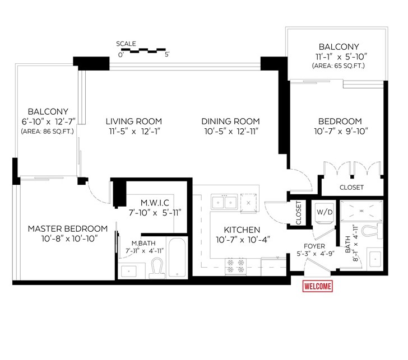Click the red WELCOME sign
pos(317,286)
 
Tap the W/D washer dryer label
pos(324,212)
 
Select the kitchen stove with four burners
pos(235,266)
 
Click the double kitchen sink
pos(224,202)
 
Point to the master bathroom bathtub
pos(177,258)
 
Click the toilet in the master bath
pos(157,268)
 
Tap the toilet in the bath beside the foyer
pos(372,231)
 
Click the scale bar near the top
pos(143,50)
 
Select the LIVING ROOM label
pos(134,121)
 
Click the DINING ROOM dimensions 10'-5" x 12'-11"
pos(231,132)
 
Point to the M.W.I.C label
pos(155,203)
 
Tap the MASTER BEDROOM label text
pos(68,229)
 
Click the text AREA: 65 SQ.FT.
pos(339,66)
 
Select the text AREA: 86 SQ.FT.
pos(47,131)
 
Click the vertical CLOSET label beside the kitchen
pos(299,213)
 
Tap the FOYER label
pos(314,246)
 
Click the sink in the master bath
pos(128,271)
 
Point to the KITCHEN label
pos(242,230)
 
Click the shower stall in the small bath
pos(361,211)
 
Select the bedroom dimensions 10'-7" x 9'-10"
pos(341,131)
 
